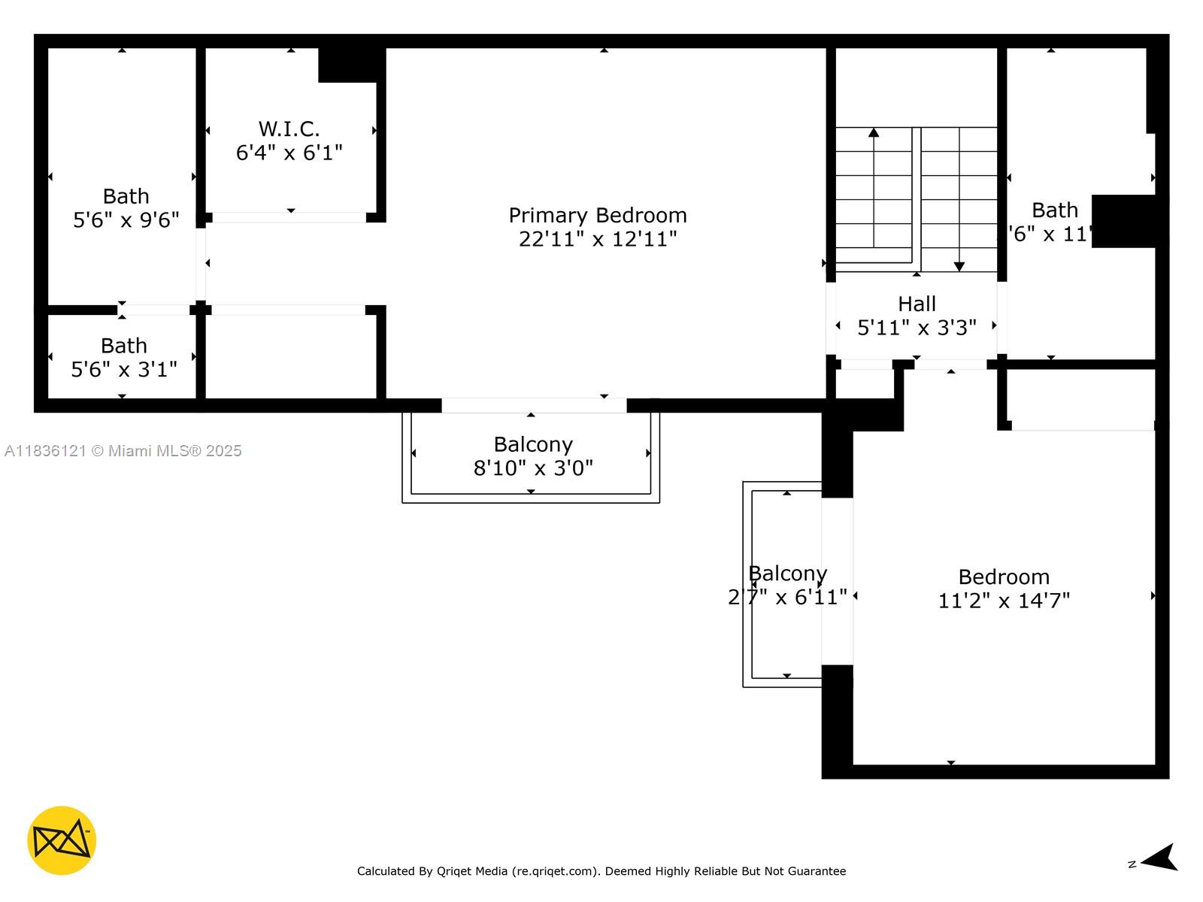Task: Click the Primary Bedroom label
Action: pyautogui.click(x=598, y=216)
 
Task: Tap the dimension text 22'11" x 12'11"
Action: pyautogui.click(x=598, y=240)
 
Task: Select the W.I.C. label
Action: pyautogui.click(x=289, y=129)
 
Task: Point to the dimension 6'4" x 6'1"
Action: pyautogui.click(x=289, y=153)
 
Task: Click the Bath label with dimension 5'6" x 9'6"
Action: pyautogui.click(x=126, y=197)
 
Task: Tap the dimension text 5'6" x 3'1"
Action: pyautogui.click(x=124, y=370)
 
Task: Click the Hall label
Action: pyautogui.click(x=917, y=304)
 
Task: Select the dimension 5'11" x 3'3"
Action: pyautogui.click(x=917, y=328)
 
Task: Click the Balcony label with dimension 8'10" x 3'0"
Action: pyautogui.click(x=533, y=445)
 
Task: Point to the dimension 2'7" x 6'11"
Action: pyautogui.click(x=787, y=598)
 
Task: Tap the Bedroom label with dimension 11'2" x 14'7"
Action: pyautogui.click(x=1004, y=577)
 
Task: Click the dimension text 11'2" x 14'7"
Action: pyautogui.click(x=1004, y=601)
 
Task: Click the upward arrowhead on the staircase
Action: pyautogui.click(x=874, y=133)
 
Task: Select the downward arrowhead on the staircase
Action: pyautogui.click(x=959, y=266)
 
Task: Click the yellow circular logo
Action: pyautogui.click(x=62, y=840)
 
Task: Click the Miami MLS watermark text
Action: pyautogui.click(x=123, y=451)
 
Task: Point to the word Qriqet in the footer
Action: pyautogui.click(x=454, y=871)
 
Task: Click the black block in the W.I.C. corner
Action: pyautogui.click(x=347, y=65)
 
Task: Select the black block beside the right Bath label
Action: pyautogui.click(x=1124, y=221)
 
